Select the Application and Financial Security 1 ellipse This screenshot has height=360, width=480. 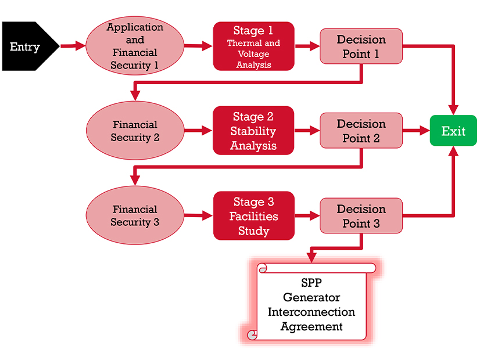[135, 46]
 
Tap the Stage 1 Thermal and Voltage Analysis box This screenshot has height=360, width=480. [253, 46]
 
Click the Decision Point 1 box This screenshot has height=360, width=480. [361, 46]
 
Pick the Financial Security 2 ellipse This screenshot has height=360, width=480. [135, 131]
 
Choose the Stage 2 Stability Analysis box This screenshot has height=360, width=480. [253, 131]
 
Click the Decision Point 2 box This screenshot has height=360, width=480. [361, 131]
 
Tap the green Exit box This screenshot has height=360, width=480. [453, 131]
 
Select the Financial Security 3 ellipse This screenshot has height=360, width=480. [135, 215]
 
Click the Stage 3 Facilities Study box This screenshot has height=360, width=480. [253, 215]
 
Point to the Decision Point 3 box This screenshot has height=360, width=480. [361, 215]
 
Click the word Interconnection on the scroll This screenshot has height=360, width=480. [311, 312]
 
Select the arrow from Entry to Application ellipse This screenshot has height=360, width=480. [73, 46]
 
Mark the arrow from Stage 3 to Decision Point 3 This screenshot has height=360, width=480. [307, 215]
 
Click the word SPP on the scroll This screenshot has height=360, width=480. [311, 283]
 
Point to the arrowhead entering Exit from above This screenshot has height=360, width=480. [453, 109]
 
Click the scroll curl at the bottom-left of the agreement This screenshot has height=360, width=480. [252, 334]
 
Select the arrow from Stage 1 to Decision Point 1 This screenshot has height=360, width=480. [307, 46]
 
